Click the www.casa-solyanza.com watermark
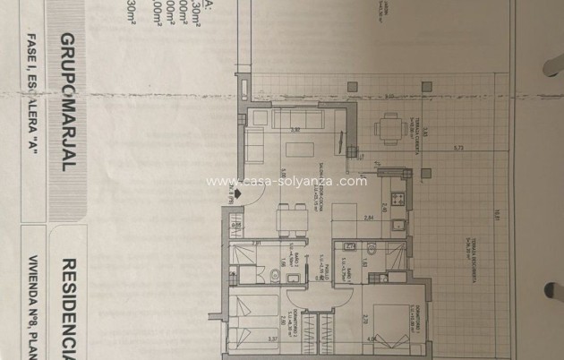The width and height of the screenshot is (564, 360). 286,181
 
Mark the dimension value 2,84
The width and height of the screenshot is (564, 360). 368,217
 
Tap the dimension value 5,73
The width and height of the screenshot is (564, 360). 456,146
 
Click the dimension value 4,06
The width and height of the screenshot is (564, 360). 371,339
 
